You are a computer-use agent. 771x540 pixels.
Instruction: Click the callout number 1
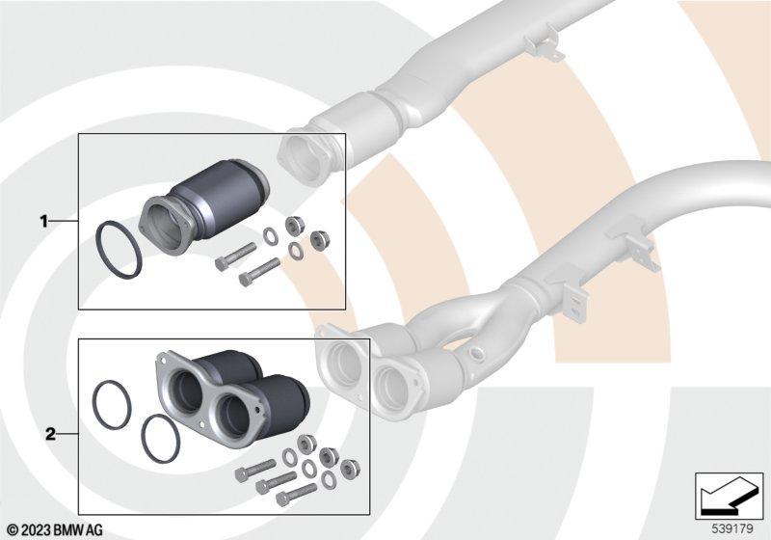coord(43,222)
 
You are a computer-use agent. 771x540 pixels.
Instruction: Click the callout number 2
coord(51,434)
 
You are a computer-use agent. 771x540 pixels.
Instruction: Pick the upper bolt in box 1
coord(235,256)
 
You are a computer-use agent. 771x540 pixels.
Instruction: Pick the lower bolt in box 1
coord(259,272)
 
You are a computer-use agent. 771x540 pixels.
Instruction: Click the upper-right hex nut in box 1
coord(295,225)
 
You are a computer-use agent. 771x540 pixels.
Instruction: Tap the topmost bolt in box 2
coord(255,471)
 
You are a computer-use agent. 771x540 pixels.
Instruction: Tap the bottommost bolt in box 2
coord(296,495)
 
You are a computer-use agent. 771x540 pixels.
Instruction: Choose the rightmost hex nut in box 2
coord(350,469)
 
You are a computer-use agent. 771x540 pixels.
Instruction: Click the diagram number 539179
coord(732,529)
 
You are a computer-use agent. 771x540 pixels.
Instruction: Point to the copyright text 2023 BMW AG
coord(55,530)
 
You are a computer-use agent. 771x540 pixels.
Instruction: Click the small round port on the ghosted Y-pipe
coord(475,353)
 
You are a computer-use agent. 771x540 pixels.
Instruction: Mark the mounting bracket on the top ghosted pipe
coord(543,46)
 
